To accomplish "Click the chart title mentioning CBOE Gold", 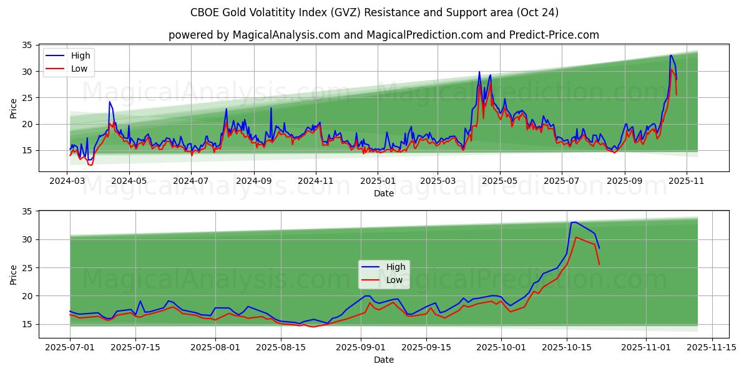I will (374, 12).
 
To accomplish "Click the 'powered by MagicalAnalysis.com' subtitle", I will (383, 35).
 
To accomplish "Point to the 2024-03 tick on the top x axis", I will (67, 181).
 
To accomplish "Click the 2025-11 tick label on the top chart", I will (687, 181).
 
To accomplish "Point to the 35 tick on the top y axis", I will (27, 45).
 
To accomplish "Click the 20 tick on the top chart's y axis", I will (27, 124).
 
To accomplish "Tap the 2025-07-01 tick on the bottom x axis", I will (70, 348).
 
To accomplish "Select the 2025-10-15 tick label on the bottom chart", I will (567, 348).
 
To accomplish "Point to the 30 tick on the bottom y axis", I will (27, 239).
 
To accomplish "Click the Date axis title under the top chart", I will (383, 193).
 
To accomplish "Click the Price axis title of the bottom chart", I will (14, 274).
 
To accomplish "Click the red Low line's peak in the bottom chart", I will (576, 237).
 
